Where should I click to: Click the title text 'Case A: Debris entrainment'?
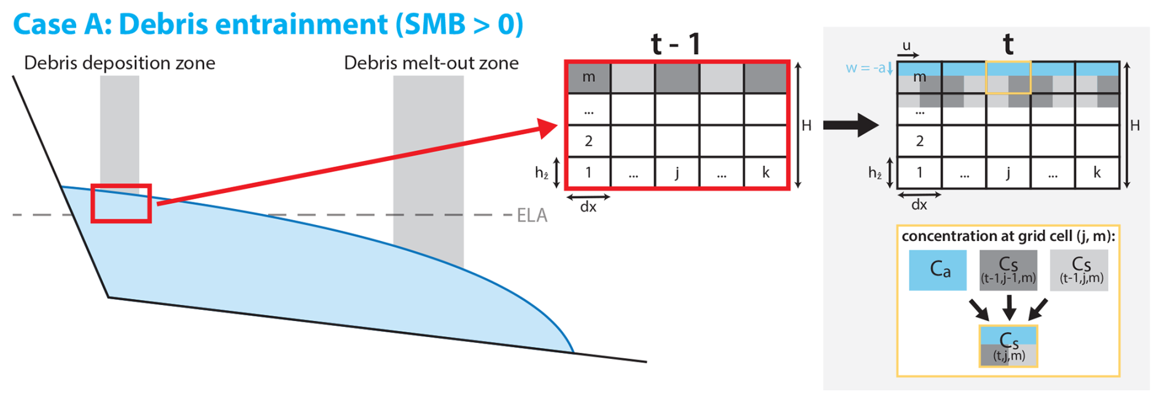[x=200, y=25]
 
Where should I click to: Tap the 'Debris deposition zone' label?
[x=120, y=63]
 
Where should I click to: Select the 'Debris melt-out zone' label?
[x=431, y=63]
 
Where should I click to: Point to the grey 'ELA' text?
[x=532, y=215]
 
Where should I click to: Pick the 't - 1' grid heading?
[x=676, y=44]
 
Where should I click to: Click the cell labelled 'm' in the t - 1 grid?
[x=589, y=77]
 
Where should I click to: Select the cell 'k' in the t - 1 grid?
[x=765, y=172]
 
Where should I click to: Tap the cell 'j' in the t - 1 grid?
[x=677, y=172]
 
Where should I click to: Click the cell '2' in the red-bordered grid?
[x=589, y=141]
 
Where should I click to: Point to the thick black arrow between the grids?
[x=851, y=125]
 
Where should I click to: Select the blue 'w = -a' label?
[x=866, y=68]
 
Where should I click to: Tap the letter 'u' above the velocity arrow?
[x=907, y=45]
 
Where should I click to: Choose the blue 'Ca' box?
[x=938, y=269]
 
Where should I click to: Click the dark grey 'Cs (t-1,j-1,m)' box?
[x=1008, y=269]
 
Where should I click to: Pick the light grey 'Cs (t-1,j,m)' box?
[x=1079, y=269]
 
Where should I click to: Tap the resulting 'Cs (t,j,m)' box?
[x=1008, y=347]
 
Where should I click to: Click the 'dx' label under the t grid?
[x=919, y=205]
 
